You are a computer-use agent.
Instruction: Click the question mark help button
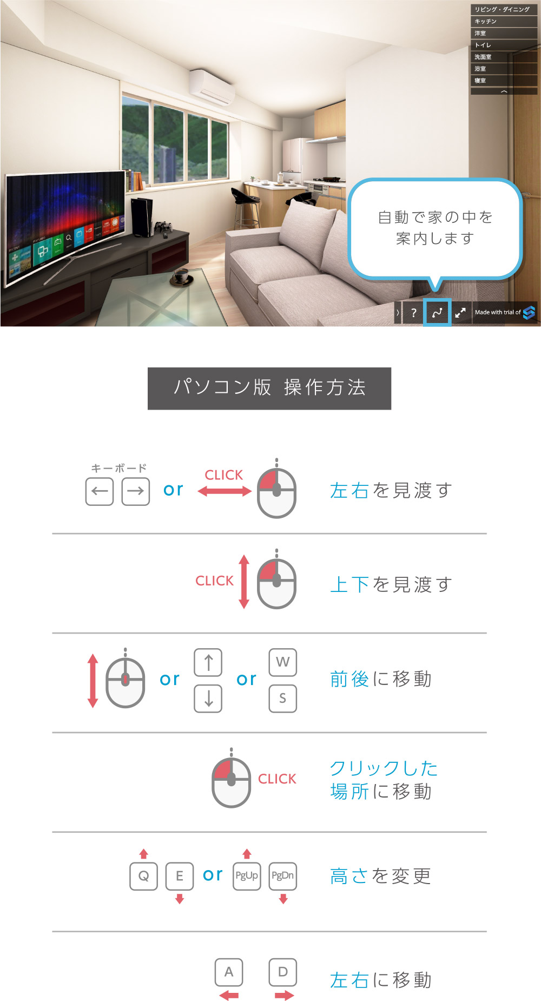tap(413, 313)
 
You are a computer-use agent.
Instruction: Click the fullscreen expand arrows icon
tap(460, 313)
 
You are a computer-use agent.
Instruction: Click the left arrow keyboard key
tap(100, 491)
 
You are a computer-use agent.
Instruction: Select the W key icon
tap(283, 662)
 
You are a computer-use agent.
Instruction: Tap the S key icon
tap(283, 699)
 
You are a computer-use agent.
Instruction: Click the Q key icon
tap(143, 876)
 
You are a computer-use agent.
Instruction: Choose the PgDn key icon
tap(283, 876)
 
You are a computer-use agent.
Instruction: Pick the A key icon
tap(229, 972)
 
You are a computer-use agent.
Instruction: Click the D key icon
tap(283, 972)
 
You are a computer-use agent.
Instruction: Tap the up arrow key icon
tap(208, 662)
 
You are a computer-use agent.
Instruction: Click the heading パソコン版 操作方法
tap(269, 388)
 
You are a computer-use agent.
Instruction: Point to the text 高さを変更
tap(381, 876)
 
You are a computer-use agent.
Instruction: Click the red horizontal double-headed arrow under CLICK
tap(225, 491)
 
